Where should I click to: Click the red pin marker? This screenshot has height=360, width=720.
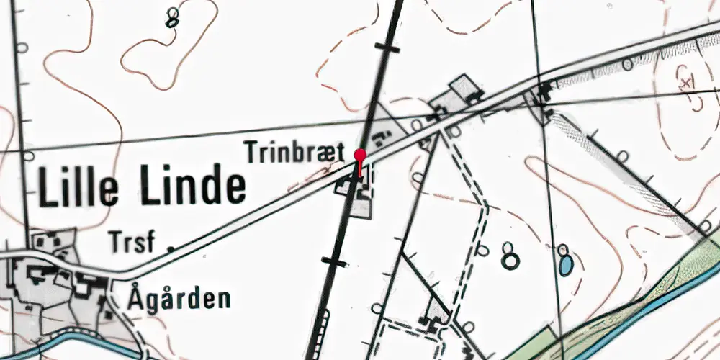360,155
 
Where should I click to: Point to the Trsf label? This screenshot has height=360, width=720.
132,242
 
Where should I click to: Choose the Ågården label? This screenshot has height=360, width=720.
180,297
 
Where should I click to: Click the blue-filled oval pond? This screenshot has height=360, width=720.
566,266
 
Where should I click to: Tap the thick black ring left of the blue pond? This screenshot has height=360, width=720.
510,261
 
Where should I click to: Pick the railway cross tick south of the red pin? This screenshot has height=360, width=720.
336,261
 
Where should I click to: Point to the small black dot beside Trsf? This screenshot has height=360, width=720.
171,248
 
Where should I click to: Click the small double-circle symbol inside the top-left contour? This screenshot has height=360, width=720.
171,18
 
